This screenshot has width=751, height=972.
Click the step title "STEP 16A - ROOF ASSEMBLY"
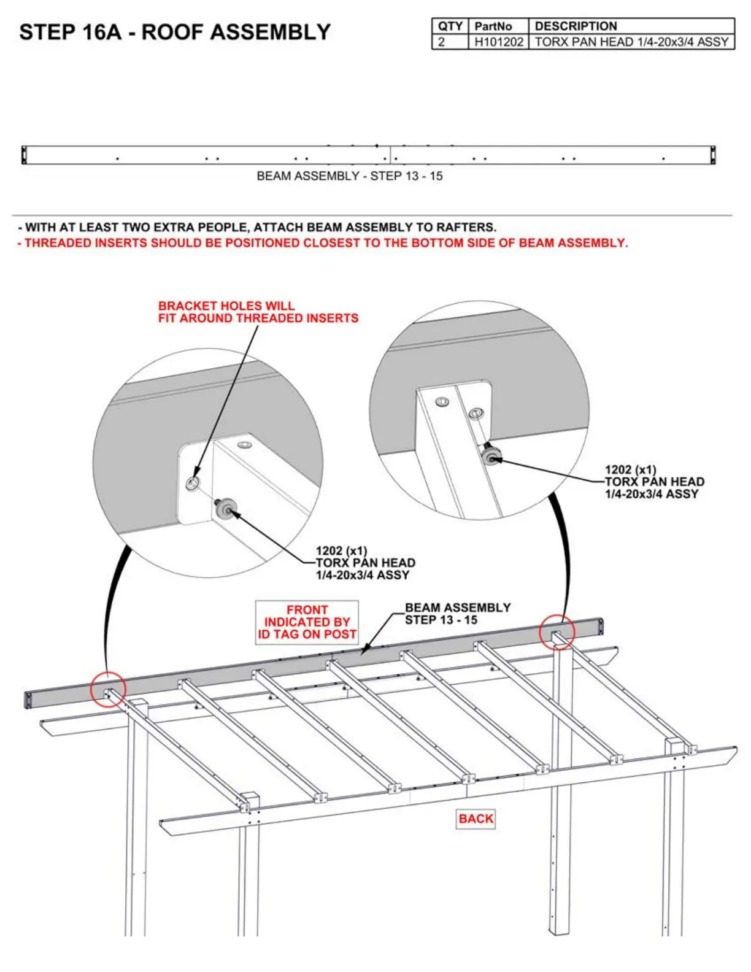[175, 32]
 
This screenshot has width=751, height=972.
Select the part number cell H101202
[498, 42]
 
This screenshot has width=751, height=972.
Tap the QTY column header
[450, 26]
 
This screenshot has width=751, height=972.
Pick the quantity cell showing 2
[442, 42]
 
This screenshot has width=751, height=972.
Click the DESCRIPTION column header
[576, 26]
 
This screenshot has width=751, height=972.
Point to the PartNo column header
[493, 26]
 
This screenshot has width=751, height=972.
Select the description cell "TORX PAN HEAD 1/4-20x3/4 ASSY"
[631, 42]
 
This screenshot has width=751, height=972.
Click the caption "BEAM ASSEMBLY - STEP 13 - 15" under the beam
[349, 176]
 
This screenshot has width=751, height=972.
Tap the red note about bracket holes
[258, 312]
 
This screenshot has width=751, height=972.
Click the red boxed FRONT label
[307, 622]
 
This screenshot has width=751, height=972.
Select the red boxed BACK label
[476, 819]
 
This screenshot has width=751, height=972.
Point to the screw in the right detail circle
[491, 455]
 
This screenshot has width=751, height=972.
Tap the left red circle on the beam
[108, 688]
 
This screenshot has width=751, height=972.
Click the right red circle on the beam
[557, 631]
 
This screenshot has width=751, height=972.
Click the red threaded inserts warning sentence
[323, 243]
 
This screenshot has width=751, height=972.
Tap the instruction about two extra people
[258, 227]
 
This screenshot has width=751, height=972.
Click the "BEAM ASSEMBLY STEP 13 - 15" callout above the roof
[457, 614]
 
